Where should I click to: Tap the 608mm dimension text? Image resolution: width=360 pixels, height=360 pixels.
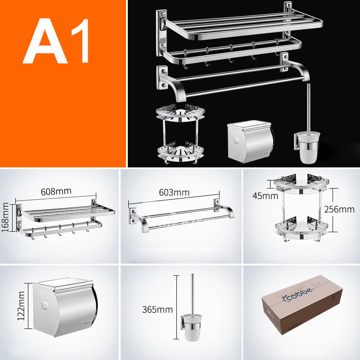pyautogui.click(x=56, y=190)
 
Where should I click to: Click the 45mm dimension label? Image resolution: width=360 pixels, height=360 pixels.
pyautogui.click(x=259, y=196)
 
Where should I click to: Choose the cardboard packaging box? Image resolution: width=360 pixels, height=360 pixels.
pyautogui.click(x=301, y=309)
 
